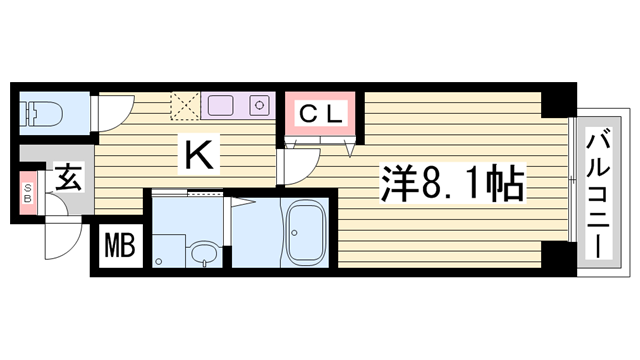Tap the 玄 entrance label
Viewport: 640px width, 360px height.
pyautogui.click(x=68, y=181)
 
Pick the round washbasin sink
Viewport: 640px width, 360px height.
pyautogui.click(x=203, y=254)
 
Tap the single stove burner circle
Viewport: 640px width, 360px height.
pyautogui.click(x=260, y=103)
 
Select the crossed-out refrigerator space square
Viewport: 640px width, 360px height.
pyautogui.click(x=185, y=104)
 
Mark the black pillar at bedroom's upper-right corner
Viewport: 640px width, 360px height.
pyautogui.click(x=556, y=101)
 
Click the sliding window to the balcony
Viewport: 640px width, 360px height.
pyautogui.click(x=572, y=180)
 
